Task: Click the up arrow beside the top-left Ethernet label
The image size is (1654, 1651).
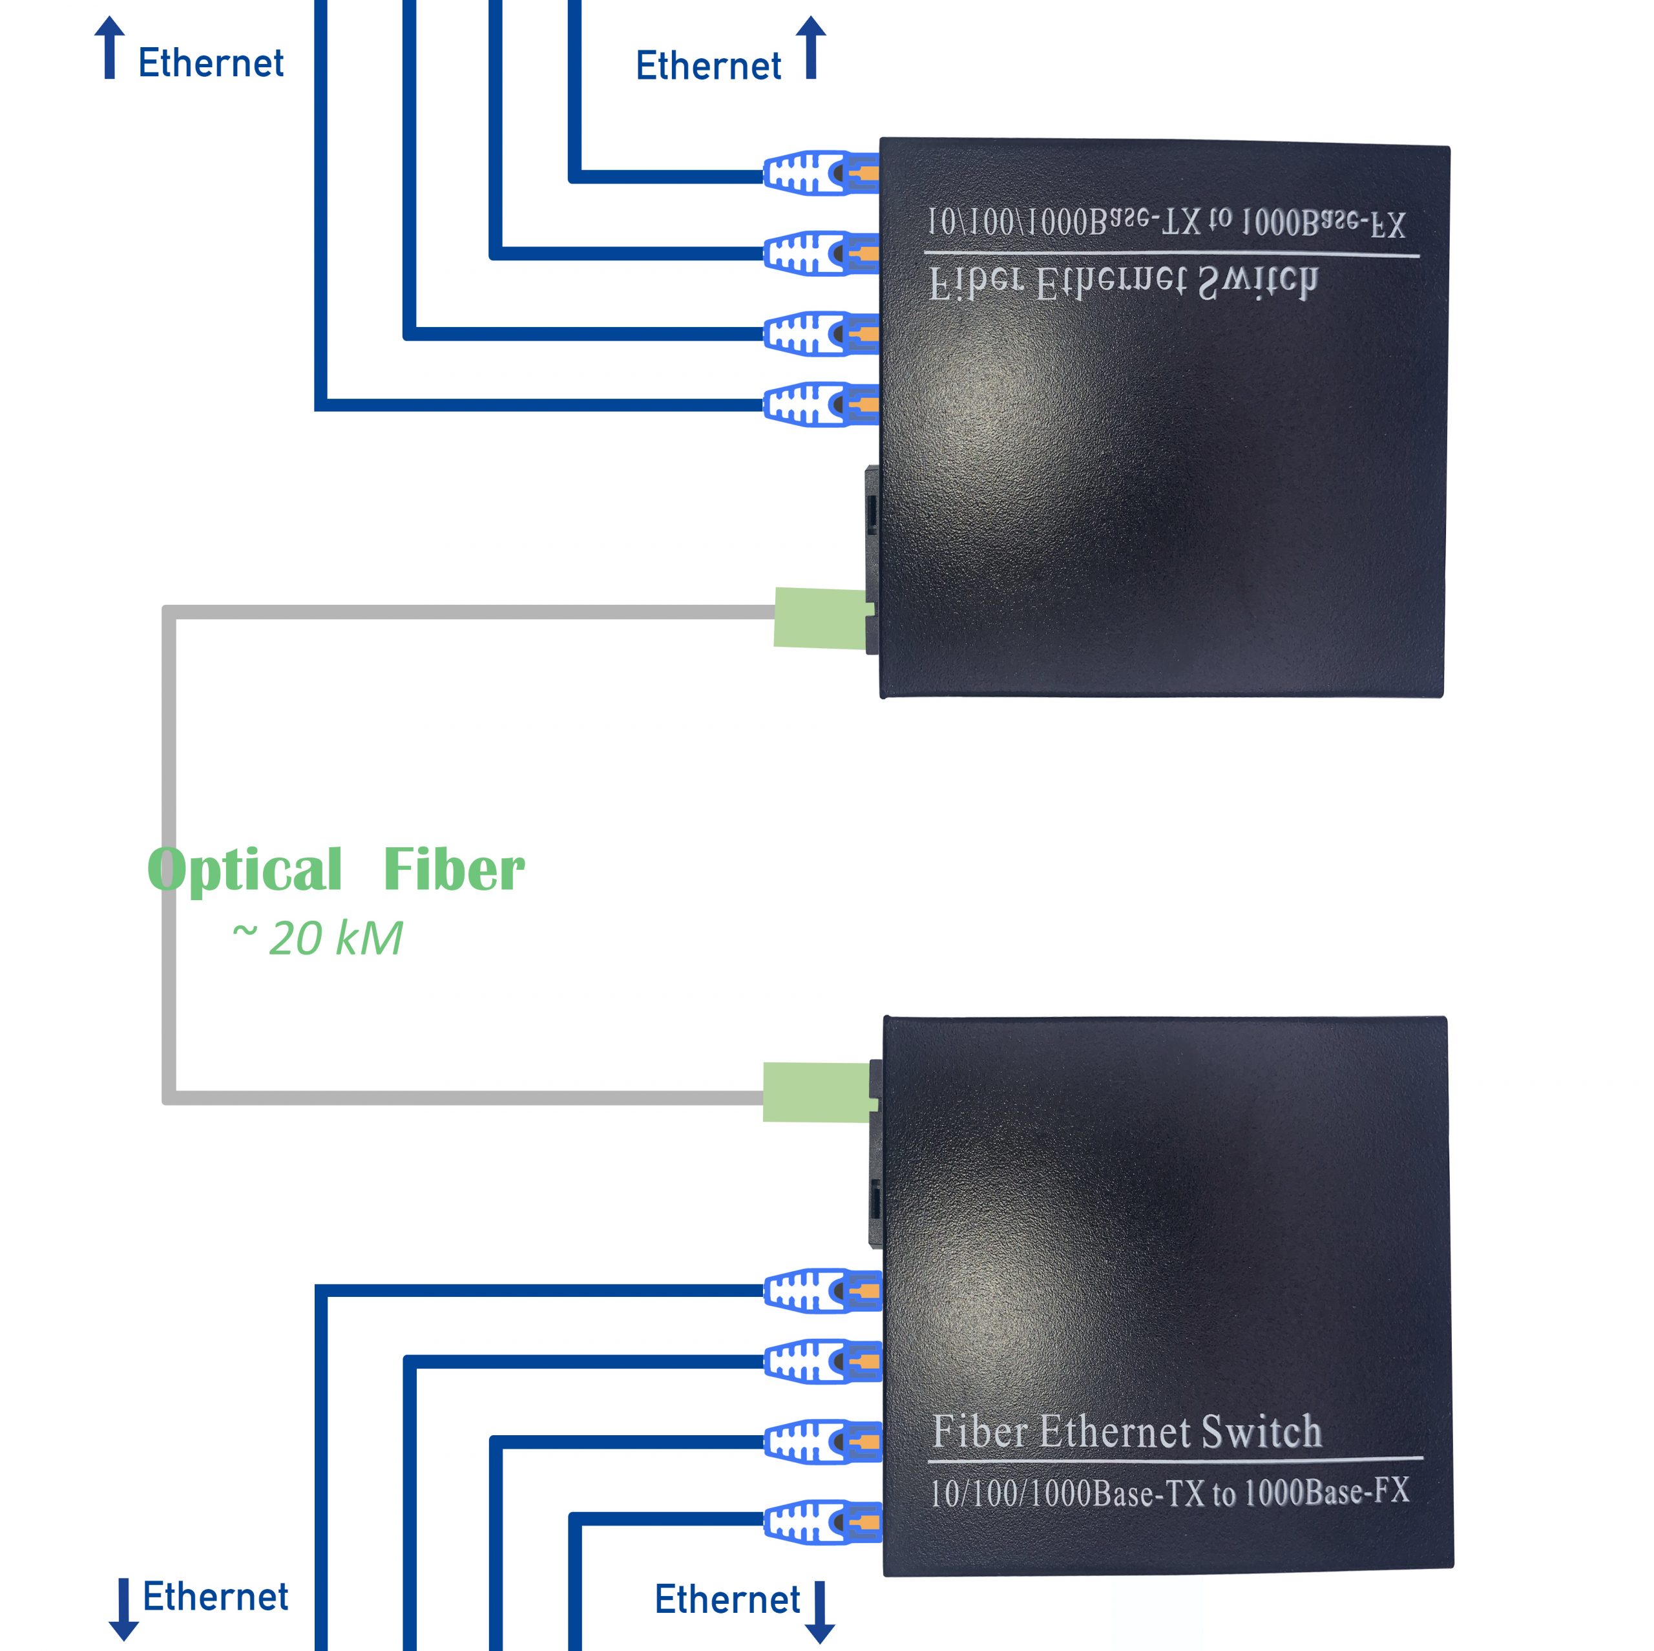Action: [110, 48]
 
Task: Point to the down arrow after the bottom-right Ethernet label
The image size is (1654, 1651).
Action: [820, 1612]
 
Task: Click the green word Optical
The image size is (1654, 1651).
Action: [245, 870]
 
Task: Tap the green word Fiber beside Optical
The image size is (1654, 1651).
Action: [454, 870]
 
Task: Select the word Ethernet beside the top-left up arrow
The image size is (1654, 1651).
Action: [211, 63]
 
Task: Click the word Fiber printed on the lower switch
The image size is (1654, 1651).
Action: [979, 1432]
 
